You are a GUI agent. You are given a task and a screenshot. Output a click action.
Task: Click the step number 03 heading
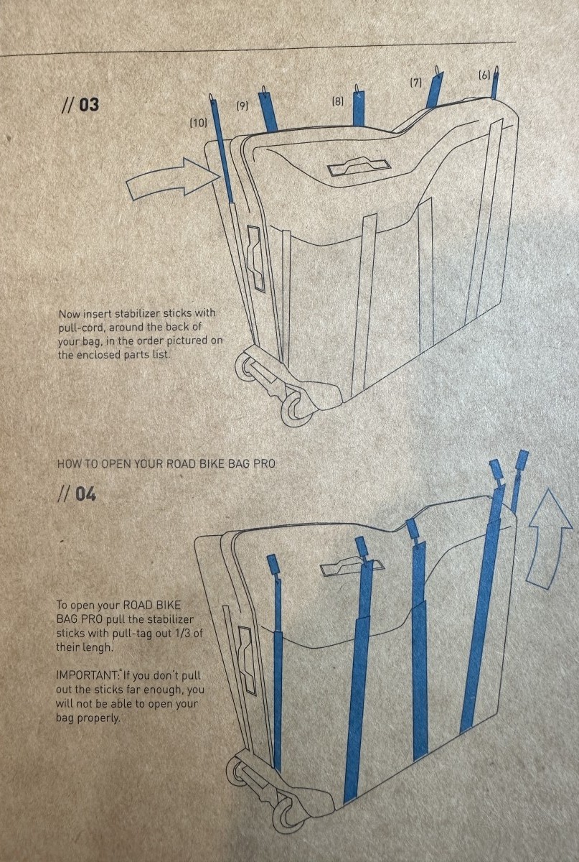coord(80,105)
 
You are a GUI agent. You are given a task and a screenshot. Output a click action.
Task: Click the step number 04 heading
coord(77,494)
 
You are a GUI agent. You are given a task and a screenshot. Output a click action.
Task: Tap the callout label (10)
coord(199,123)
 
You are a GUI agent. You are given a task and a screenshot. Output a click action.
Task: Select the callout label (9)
coord(242,106)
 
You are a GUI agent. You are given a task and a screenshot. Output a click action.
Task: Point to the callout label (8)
coord(337,101)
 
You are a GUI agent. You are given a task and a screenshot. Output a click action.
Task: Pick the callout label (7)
coord(415,83)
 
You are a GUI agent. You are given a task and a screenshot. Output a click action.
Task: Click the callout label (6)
coord(484,75)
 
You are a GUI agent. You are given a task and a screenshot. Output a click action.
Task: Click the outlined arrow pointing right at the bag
coord(173,179)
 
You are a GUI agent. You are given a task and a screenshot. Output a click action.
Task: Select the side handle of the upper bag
coord(256,259)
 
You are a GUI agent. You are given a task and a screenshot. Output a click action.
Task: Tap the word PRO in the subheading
coord(265,464)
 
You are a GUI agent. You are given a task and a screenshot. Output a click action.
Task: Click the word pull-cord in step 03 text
coord(81,327)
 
